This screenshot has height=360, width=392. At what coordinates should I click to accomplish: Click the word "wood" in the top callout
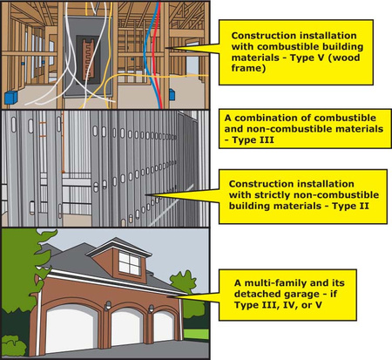[x=346, y=58]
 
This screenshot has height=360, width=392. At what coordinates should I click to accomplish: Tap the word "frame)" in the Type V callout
[x=248, y=68]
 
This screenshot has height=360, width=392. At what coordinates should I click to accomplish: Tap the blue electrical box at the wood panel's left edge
[x=10, y=98]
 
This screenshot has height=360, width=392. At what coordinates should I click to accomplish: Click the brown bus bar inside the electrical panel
[x=88, y=59]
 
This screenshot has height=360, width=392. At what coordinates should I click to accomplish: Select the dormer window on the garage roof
[x=129, y=263]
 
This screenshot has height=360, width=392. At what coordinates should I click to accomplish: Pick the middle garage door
[x=127, y=327]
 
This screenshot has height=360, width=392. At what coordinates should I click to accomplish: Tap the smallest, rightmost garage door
[x=165, y=326]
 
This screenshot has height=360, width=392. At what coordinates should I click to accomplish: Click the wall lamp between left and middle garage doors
[x=108, y=306]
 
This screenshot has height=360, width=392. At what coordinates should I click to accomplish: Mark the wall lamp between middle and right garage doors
[x=152, y=309]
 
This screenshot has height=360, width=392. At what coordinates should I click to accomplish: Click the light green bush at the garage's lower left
[x=13, y=346]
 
